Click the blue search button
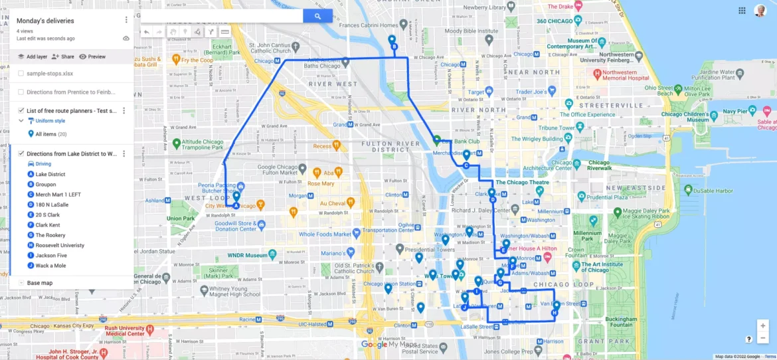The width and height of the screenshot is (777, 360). tap(317, 17)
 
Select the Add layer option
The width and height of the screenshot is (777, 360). tap(33, 57)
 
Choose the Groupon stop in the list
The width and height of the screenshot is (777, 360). tap(46, 185)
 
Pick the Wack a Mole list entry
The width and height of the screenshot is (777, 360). tap(50, 266)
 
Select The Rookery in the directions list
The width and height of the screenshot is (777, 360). tap(50, 235)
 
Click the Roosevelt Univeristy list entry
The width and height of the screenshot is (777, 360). tap(60, 245)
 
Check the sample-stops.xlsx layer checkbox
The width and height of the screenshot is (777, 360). tap(21, 74)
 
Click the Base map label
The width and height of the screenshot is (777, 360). tap(40, 283)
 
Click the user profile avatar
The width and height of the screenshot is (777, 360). tap(760, 11)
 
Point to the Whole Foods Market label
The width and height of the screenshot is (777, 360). tap(325, 234)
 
